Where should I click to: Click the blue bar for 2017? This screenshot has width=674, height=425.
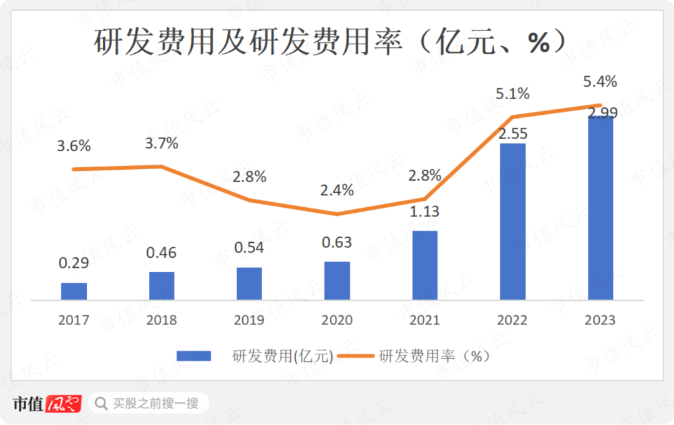pyautogui.click(x=74, y=291)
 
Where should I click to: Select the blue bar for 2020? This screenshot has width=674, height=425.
pyautogui.click(x=337, y=281)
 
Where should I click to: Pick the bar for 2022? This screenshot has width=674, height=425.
pyautogui.click(x=513, y=222)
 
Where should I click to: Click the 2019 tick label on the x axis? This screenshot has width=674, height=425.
pyautogui.click(x=249, y=320)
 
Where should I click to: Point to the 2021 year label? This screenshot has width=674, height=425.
pyautogui.click(x=424, y=320)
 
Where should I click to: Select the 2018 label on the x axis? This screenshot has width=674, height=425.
pyautogui.click(x=162, y=320)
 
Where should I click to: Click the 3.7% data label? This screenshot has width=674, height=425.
pyautogui.click(x=161, y=144)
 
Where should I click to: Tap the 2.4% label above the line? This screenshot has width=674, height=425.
pyautogui.click(x=337, y=190)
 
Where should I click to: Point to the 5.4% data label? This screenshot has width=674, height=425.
pyautogui.click(x=600, y=81)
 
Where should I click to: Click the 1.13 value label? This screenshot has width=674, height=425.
pyautogui.click(x=424, y=212)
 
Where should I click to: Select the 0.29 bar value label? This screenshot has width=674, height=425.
pyautogui.click(x=74, y=263)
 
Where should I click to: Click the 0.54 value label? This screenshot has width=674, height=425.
pyautogui.click(x=249, y=247)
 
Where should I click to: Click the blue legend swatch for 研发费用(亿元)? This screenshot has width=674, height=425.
pyautogui.click(x=194, y=356)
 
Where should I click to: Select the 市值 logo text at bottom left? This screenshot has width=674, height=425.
pyautogui.click(x=28, y=404)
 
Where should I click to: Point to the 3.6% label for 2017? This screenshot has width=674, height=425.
pyautogui.click(x=74, y=146)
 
